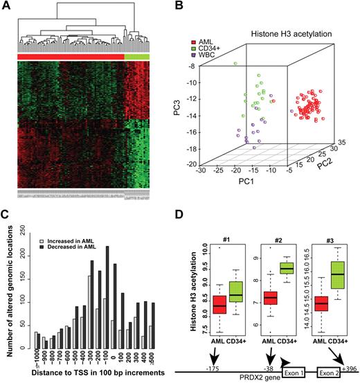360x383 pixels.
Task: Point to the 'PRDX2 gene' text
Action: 248,378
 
